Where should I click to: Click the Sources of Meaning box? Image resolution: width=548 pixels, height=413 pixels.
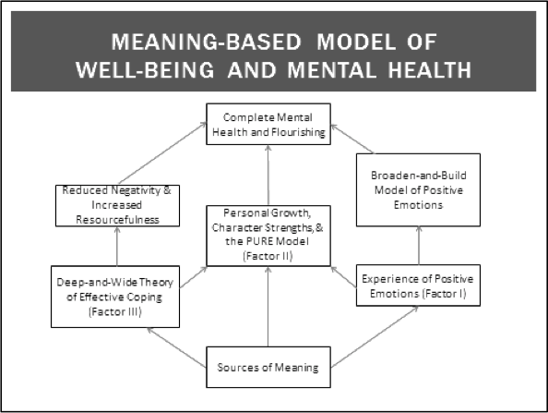[x=268, y=367]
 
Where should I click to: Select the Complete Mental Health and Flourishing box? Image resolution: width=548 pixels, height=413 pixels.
[x=268, y=124]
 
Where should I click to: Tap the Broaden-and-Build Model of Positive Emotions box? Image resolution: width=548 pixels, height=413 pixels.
[x=418, y=189]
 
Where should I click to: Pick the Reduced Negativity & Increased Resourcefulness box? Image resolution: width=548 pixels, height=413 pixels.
[x=117, y=205]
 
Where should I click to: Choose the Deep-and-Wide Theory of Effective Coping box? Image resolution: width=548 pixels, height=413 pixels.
[x=115, y=297]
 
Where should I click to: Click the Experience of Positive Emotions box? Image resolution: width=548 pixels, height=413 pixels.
[x=418, y=285]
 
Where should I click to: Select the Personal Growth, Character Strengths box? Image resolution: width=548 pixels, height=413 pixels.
[x=268, y=236]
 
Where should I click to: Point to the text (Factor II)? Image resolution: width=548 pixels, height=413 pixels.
[x=268, y=256]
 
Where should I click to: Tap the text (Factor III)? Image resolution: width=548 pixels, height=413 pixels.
[x=115, y=311]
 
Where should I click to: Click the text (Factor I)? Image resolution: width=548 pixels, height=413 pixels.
[x=444, y=293]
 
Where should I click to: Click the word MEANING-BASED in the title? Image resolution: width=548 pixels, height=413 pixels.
[x=207, y=42]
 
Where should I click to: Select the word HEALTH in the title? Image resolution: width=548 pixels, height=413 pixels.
[x=430, y=69]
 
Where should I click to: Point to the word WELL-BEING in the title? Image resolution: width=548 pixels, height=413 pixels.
[x=145, y=69]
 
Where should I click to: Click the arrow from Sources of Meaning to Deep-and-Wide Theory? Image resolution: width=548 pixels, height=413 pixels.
[x=176, y=347]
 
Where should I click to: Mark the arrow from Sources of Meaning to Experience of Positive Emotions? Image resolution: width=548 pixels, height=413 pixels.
[x=375, y=337]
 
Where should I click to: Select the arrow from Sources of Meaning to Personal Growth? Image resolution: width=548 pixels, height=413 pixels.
[x=268, y=307]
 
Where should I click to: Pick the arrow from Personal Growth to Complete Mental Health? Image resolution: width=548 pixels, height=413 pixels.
[x=268, y=175]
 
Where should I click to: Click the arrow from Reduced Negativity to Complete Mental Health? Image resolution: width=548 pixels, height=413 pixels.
[x=162, y=153]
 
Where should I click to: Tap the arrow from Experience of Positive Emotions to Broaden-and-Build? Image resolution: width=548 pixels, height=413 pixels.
[x=419, y=246]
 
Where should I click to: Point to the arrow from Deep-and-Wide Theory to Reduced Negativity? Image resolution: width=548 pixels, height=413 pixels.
[x=117, y=246]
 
